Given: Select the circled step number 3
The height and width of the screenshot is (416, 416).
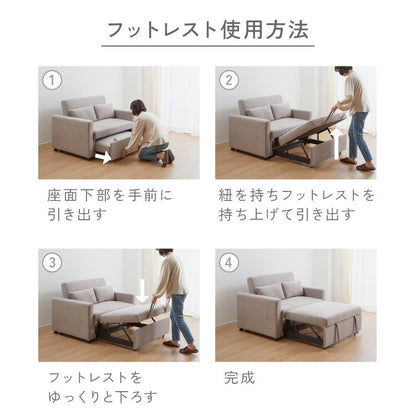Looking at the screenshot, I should click(53, 263).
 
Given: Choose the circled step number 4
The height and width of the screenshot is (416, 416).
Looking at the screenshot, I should click(230, 263).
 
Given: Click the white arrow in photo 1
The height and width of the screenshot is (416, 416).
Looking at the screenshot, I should click(102, 155).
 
